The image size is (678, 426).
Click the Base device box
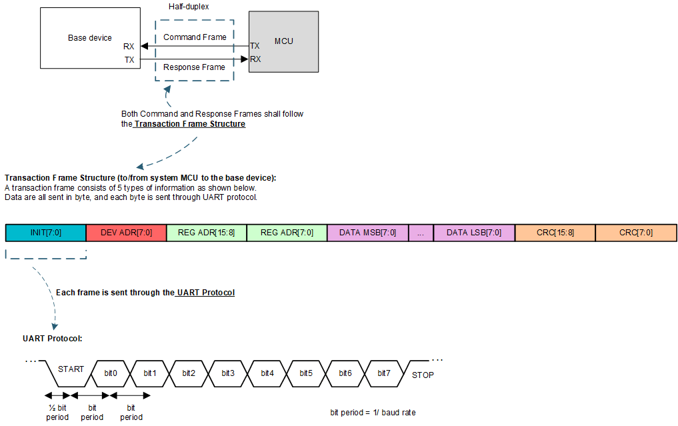tap(89, 38)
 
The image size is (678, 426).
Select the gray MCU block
tap(283, 41)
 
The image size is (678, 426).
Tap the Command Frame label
tap(195, 37)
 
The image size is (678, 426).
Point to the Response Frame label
tap(194, 67)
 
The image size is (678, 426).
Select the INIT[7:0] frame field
tap(45, 233)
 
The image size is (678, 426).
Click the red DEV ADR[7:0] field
tap(126, 233)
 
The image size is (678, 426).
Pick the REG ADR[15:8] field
tap(206, 233)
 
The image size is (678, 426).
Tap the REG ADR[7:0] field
tap(287, 233)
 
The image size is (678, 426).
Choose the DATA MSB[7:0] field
tap(367, 233)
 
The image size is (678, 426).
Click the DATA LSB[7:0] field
tap(474, 233)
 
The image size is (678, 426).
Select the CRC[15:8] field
tap(555, 233)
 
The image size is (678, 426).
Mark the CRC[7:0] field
tap(636, 233)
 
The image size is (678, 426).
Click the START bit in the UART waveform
tap(71, 369)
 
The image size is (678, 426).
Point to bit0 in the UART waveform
tap(111, 373)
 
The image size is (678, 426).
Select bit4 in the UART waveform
tap(267, 373)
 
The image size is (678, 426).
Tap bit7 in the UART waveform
tap(384, 373)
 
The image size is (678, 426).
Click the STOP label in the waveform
tap(423, 375)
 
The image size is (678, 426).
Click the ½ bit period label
tap(57, 412)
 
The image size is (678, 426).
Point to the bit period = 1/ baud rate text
tap(373, 413)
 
